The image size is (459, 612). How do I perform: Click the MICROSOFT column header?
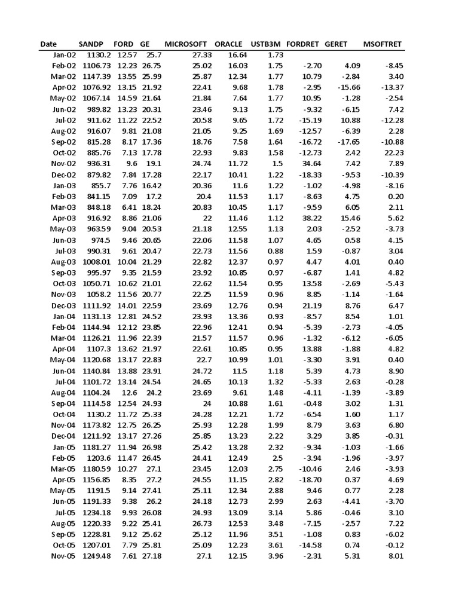click(x=185, y=44)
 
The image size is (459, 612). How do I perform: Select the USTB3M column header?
click(x=266, y=44)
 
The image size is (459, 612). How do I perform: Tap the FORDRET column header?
click(x=303, y=44)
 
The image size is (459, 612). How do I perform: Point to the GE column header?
click(x=145, y=44)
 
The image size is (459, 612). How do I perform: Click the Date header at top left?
click(x=48, y=44)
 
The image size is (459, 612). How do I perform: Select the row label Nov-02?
click(x=63, y=164)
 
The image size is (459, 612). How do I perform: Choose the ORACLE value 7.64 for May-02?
click(x=239, y=99)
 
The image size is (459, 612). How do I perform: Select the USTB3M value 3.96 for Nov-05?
click(x=275, y=556)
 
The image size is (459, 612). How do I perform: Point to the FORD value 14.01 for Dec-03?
click(x=127, y=305)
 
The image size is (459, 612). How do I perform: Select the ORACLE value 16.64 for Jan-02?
click(x=238, y=55)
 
